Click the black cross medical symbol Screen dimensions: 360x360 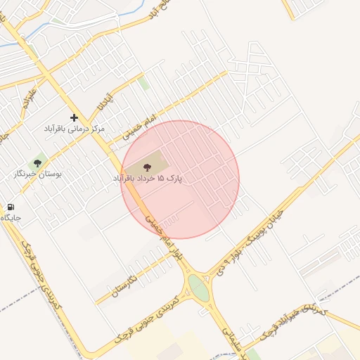74,117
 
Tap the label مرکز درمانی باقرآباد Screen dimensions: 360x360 74,129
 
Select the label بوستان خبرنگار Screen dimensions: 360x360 38,172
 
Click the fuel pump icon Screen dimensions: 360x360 11,207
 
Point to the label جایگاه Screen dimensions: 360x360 11,218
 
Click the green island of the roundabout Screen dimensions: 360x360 199,288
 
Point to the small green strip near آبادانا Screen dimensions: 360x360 143,84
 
